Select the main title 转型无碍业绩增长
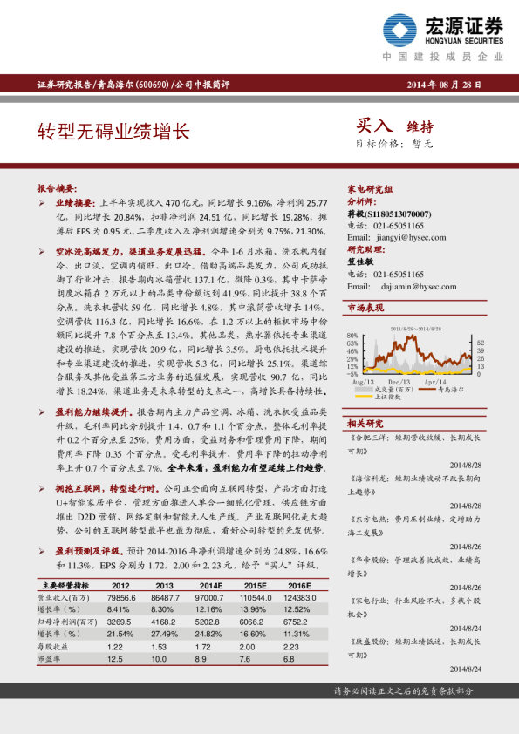[x=113, y=132]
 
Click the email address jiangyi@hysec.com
[x=397, y=237]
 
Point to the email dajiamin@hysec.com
[x=400, y=285]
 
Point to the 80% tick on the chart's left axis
[x=352, y=336]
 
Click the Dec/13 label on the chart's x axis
[x=399, y=382]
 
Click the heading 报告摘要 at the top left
[x=55, y=187]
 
